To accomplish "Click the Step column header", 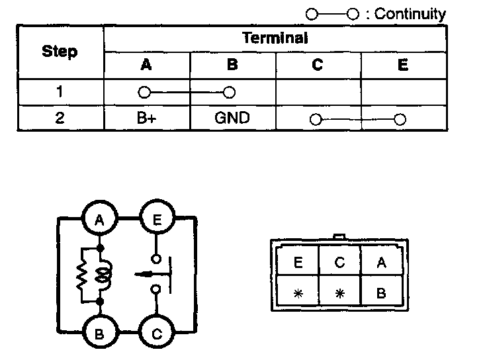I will point(60,51).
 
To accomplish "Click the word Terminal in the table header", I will point(275,38).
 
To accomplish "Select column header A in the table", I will point(146,65).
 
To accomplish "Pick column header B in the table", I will point(232,65).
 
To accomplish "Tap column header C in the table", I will point(318,65).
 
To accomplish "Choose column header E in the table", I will point(403,65).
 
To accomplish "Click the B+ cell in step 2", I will point(146,119).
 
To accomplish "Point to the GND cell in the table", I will point(232,119).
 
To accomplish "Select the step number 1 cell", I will point(60,92).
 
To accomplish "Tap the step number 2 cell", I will point(60,119).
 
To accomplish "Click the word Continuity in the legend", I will point(410,14).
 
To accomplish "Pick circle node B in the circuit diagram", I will point(99,334).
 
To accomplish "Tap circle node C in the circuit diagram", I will point(157,334).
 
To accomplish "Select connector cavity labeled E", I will point(298,263).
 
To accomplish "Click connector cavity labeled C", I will point(339,263).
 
